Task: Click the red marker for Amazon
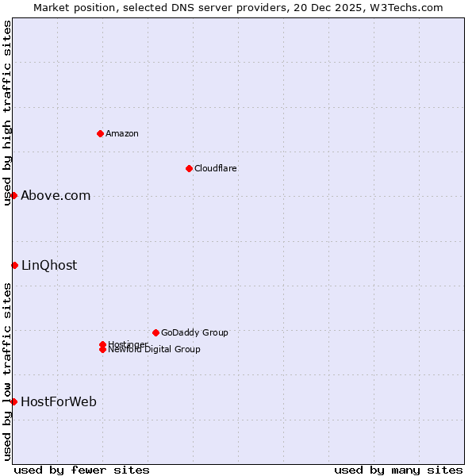click(x=100, y=133)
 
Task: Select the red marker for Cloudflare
click(x=189, y=168)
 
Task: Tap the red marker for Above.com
click(x=13, y=195)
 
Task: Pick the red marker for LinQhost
click(x=14, y=265)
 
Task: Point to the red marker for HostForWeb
click(x=13, y=401)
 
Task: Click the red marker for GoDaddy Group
click(x=155, y=332)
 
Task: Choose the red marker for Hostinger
click(x=102, y=344)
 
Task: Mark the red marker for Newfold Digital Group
click(x=102, y=350)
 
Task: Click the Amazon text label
click(x=122, y=133)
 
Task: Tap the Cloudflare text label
click(x=216, y=168)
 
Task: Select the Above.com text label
click(x=56, y=195)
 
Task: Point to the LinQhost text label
click(x=49, y=265)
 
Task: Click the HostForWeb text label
click(x=59, y=401)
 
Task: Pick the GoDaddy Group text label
click(x=194, y=332)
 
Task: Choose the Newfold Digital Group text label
click(x=155, y=350)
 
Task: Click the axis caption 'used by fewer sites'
click(x=82, y=470)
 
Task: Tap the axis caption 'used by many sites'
click(x=398, y=470)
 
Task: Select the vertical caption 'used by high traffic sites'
click(x=7, y=113)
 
